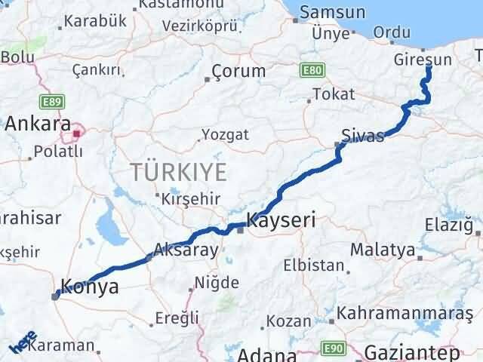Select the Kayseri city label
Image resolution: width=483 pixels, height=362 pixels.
click(281, 221)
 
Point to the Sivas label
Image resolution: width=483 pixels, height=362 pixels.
click(363, 136)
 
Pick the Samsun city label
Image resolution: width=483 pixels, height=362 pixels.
click(333, 12)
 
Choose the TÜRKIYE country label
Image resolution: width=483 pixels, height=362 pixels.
click(178, 172)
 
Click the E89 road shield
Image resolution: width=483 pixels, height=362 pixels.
click(54, 100)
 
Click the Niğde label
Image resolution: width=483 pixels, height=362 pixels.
click(217, 283)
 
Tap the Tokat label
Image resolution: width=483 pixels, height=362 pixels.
click(333, 95)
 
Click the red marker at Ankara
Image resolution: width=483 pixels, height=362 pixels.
click(76, 136)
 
